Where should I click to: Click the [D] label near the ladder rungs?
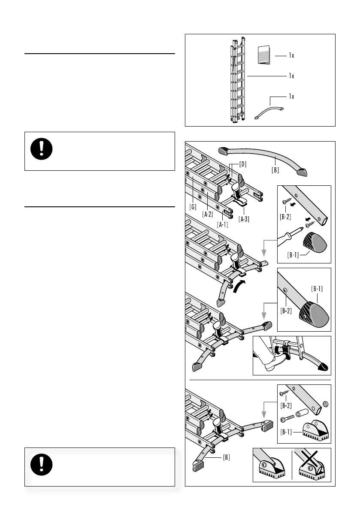(242, 164)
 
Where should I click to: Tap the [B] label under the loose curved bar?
(275, 169)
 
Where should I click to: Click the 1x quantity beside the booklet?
(291, 55)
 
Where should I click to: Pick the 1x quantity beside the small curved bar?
(291, 96)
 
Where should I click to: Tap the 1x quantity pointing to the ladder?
(291, 76)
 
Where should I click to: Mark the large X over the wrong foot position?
(311, 464)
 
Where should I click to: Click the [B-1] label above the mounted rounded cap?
(317, 289)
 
